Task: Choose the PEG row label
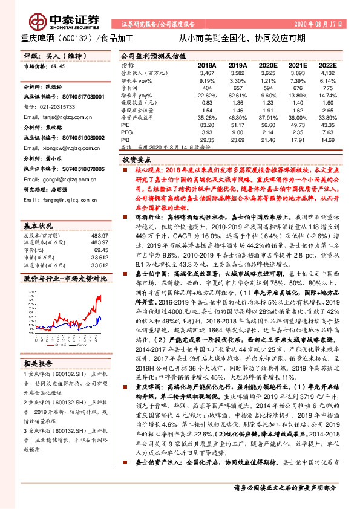tap(126, 131)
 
